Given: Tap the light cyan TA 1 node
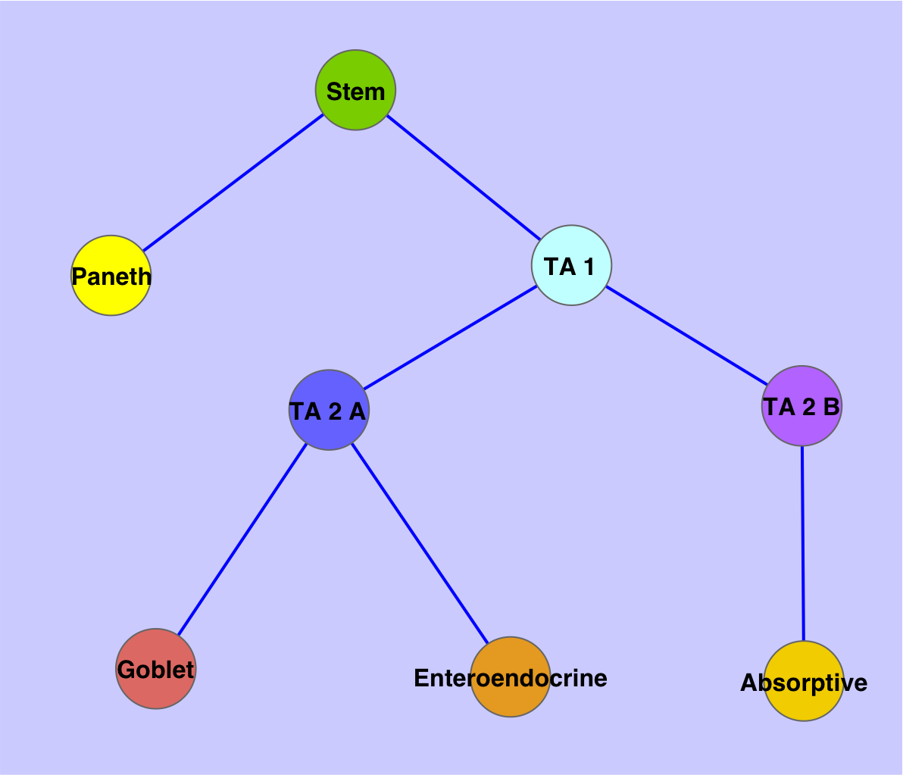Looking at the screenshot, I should click(x=572, y=284).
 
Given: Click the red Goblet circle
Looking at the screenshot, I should click(x=156, y=689).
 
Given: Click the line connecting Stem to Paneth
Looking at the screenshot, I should click(x=233, y=183).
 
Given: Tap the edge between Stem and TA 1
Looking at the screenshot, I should click(x=463, y=177).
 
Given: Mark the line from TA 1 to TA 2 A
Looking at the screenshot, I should click(x=450, y=337).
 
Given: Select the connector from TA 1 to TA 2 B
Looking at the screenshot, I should click(x=687, y=336).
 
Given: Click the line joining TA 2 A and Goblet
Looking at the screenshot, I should click(x=242, y=539).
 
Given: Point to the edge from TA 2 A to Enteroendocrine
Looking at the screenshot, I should click(x=420, y=542).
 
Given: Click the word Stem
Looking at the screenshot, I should click(x=355, y=92).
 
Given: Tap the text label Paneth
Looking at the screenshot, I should click(x=111, y=277).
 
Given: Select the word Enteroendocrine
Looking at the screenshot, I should click(x=511, y=678).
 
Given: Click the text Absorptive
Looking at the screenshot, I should click(x=804, y=683).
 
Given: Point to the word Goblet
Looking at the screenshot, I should click(x=156, y=670).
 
